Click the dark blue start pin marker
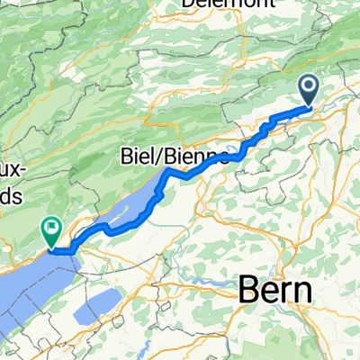point(309,90)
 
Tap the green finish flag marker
point(51,233)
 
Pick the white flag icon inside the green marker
point(51,229)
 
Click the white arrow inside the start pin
point(309,86)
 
